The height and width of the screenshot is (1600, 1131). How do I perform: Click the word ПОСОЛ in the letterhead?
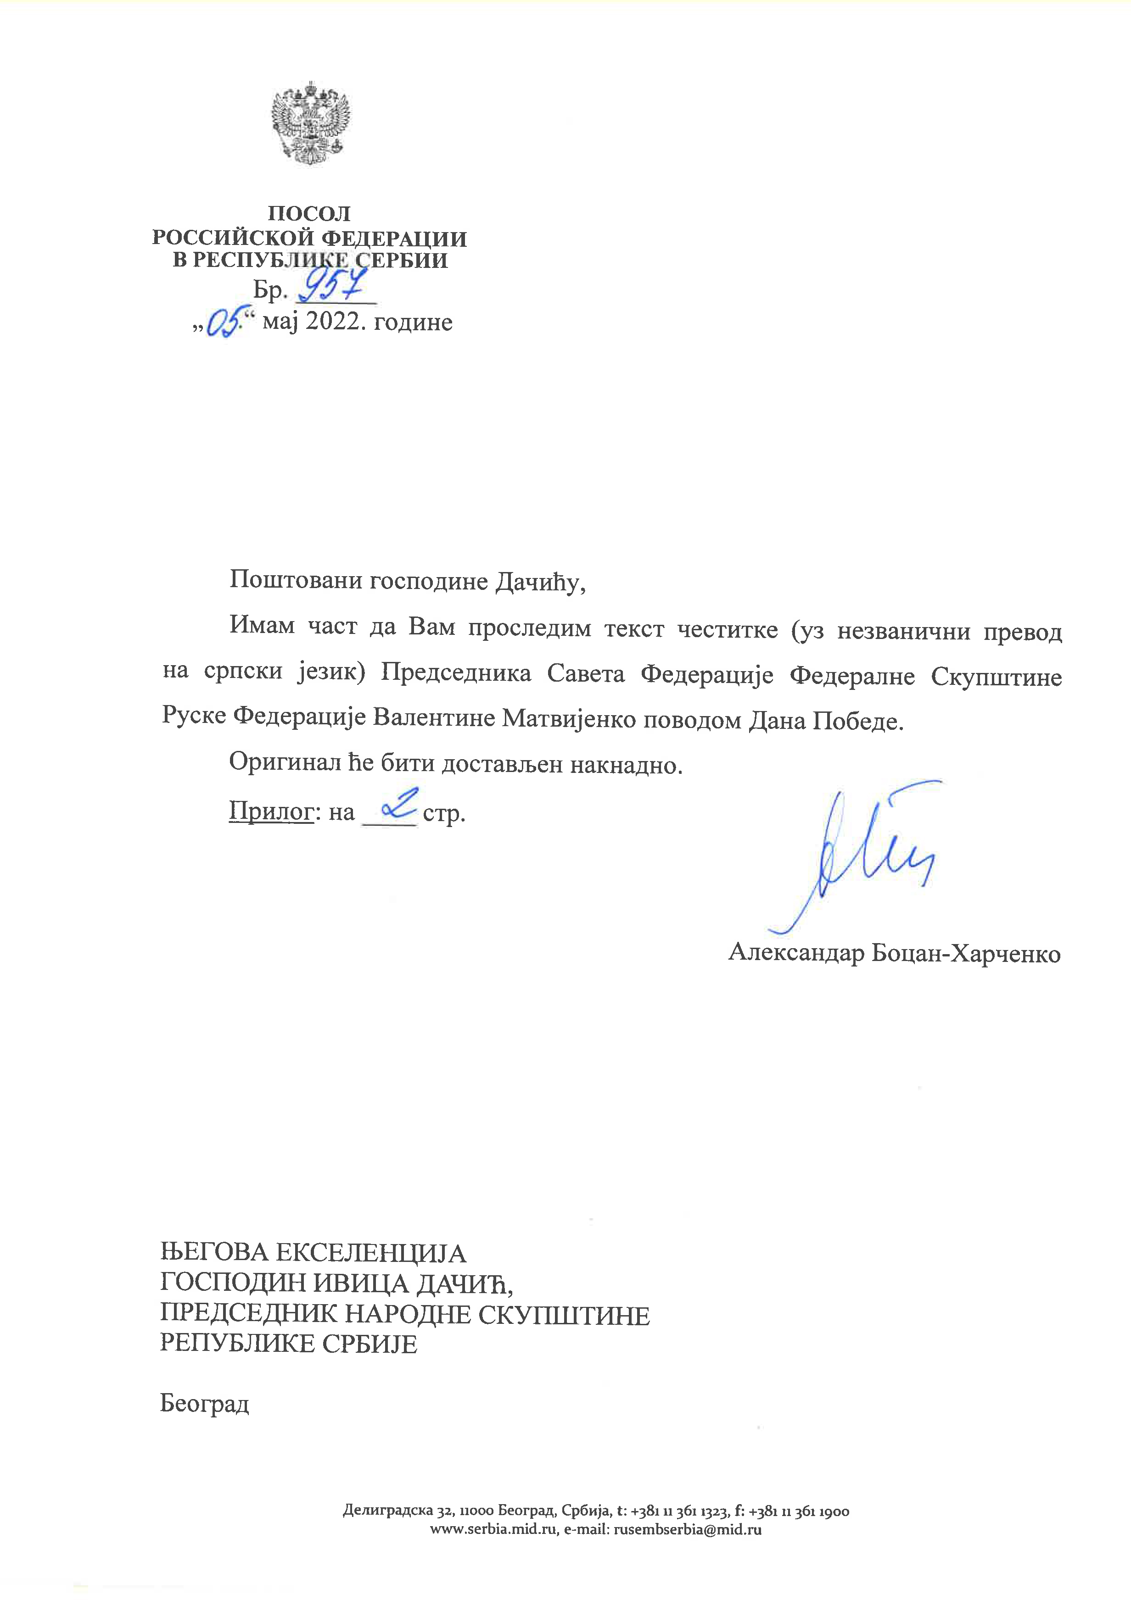tap(309, 213)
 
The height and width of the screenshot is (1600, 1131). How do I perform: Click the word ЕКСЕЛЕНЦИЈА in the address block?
tap(371, 1253)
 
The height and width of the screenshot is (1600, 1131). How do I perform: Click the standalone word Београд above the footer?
tap(204, 1402)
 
